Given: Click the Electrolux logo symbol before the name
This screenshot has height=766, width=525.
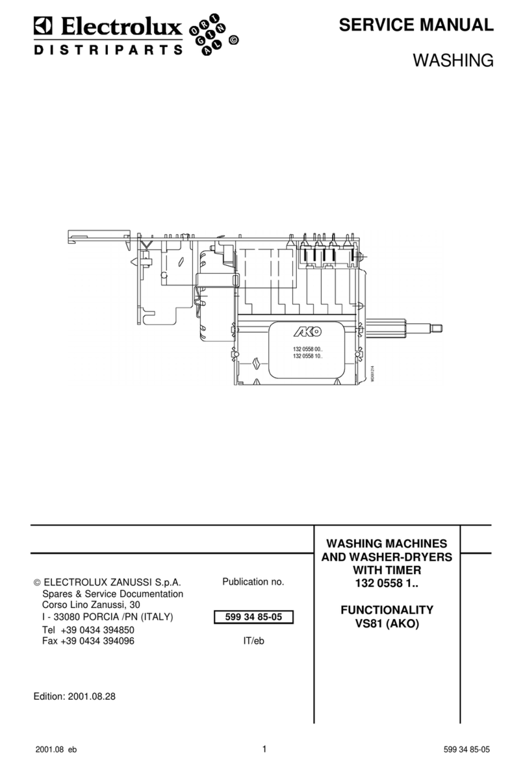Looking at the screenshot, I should (42, 27).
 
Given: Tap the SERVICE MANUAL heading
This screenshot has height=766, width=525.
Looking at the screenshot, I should (416, 25).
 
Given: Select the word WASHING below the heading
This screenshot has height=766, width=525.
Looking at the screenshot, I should (454, 61).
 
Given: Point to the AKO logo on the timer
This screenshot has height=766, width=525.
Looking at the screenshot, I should (307, 332).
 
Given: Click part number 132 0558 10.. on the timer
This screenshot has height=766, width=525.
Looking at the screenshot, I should (307, 357).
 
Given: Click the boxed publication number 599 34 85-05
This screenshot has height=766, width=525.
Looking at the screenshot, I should (253, 617).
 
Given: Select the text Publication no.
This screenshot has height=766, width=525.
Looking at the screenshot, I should (253, 582).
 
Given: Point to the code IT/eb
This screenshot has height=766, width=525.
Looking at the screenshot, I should (253, 641).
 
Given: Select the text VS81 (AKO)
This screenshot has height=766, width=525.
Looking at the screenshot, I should (387, 623).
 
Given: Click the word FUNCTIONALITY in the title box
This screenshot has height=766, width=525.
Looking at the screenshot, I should (387, 610).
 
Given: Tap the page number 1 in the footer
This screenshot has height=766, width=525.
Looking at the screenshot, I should (264, 749).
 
